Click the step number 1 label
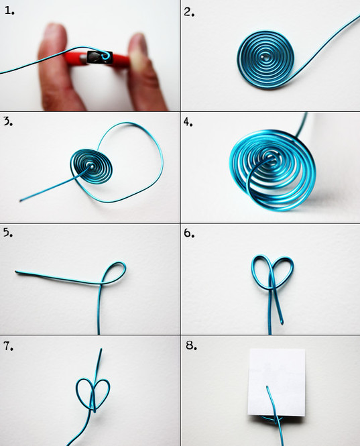coord(9,11)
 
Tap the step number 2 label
coord(189,12)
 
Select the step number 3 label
coord(8,121)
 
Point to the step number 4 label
coord(188,122)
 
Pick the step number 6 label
coord(189,233)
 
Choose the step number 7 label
coord(8,346)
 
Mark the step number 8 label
coord(191,345)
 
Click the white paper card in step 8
coord(276,382)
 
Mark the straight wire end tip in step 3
coord(21,201)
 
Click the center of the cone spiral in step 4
coord(269,157)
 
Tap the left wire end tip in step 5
coord(16,272)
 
